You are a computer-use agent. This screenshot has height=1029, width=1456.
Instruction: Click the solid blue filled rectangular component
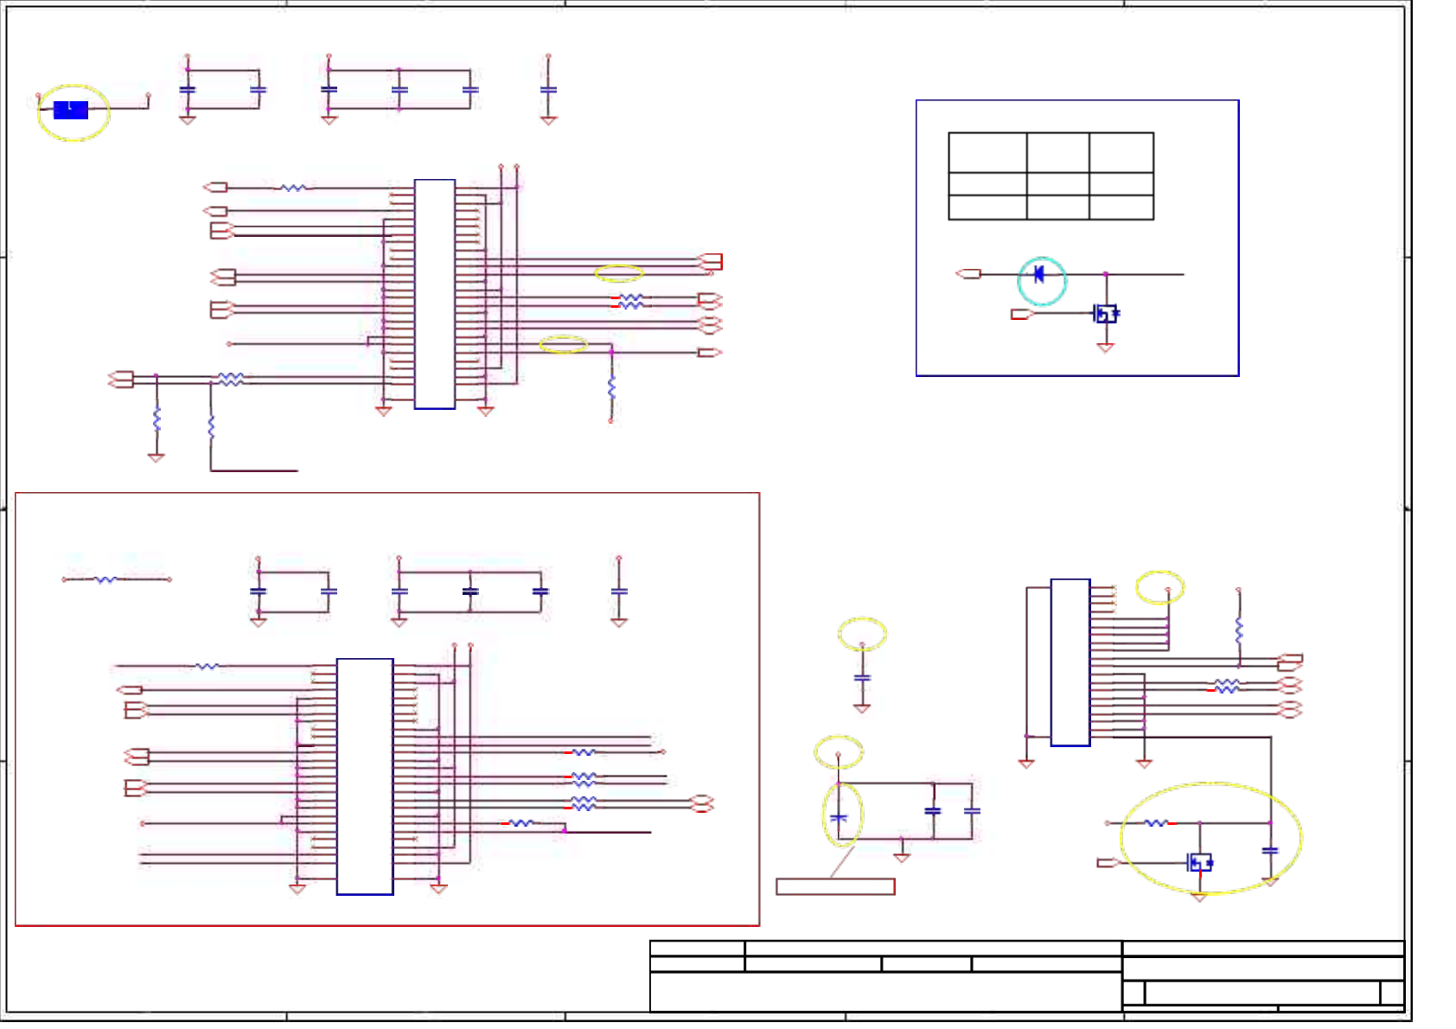click(70, 110)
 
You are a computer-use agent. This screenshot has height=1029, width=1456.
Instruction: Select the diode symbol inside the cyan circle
click(1039, 275)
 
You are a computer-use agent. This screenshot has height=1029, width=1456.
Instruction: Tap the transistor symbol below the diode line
click(1105, 313)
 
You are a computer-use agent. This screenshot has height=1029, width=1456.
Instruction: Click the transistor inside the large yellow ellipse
click(1199, 862)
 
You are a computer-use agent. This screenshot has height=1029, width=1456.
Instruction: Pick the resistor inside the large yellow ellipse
click(1156, 823)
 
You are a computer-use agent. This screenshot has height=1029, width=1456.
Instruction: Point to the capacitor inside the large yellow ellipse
click(1270, 851)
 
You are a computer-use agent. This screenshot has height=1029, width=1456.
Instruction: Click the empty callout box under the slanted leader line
click(835, 886)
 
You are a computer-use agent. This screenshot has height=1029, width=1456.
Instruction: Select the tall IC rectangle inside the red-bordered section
click(365, 777)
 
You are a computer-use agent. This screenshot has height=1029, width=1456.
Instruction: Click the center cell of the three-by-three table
click(1057, 184)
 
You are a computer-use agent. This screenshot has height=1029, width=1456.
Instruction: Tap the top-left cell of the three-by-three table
click(987, 153)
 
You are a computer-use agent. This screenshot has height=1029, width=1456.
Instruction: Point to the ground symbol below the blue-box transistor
click(1105, 348)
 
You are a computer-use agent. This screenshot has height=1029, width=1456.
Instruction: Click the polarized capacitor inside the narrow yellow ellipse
click(839, 817)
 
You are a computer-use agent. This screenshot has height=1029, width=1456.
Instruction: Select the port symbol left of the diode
click(969, 274)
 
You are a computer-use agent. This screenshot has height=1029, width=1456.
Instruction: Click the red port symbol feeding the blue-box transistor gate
click(1022, 314)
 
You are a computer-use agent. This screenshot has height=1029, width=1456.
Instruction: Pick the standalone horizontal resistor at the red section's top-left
click(105, 579)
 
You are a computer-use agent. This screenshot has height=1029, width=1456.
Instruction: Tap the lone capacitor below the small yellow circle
click(862, 678)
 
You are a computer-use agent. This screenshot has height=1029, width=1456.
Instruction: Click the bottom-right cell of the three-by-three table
click(1121, 208)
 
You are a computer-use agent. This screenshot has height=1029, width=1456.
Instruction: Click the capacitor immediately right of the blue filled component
click(187, 89)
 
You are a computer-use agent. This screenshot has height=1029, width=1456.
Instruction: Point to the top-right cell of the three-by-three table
click(1121, 153)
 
